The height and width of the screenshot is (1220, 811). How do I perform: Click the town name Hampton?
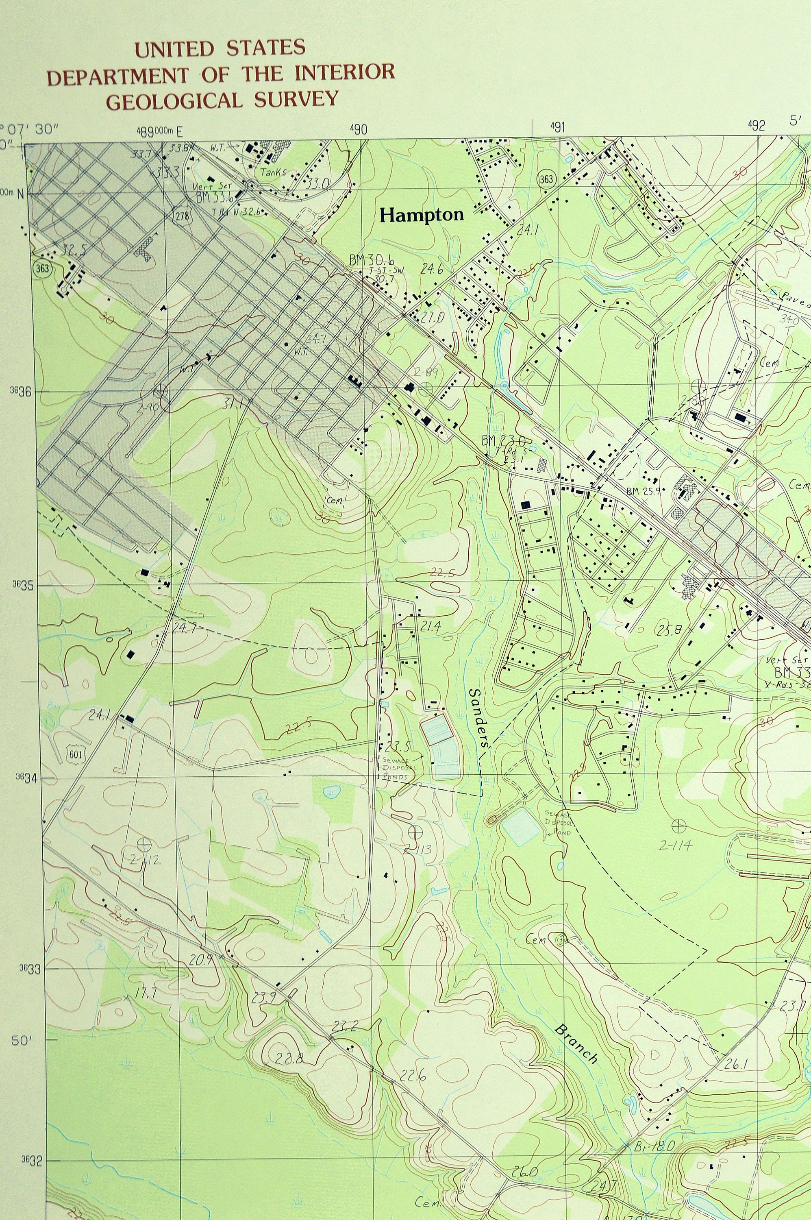[x=422, y=215]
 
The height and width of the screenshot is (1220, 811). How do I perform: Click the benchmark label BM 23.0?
[x=503, y=441]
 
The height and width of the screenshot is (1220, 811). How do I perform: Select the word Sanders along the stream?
[x=479, y=717]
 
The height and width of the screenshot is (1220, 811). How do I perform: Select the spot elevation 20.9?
[x=201, y=960]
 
